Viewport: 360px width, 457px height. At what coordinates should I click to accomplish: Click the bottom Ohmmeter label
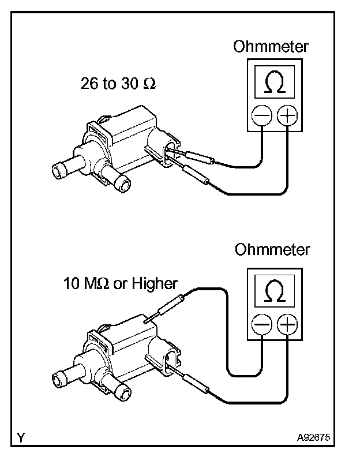click(x=272, y=250)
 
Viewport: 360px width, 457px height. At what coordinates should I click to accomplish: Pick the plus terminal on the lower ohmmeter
click(x=287, y=326)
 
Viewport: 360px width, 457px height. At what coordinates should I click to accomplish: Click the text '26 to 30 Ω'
click(x=118, y=84)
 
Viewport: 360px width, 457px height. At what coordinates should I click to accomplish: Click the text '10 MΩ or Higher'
click(x=121, y=283)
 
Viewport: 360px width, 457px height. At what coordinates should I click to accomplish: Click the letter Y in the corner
click(x=21, y=438)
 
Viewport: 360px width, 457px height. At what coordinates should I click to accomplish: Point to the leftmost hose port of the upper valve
click(x=61, y=170)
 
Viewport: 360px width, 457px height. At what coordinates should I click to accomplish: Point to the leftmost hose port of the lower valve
click(x=61, y=379)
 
